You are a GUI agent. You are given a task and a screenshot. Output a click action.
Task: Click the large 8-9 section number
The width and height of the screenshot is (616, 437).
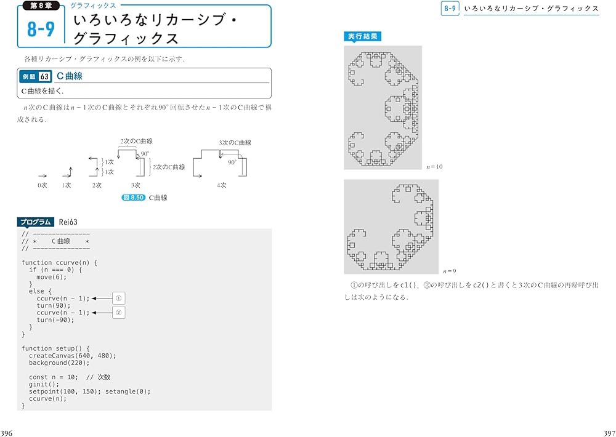point(41,29)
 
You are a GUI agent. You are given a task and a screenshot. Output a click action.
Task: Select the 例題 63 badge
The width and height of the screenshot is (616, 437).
point(36,76)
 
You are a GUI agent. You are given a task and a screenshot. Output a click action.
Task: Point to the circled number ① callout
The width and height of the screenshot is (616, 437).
point(120,299)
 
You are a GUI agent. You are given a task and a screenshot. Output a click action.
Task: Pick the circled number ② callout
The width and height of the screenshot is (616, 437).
point(120,313)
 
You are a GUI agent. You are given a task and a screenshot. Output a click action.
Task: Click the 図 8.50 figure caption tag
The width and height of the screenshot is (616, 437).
point(134,198)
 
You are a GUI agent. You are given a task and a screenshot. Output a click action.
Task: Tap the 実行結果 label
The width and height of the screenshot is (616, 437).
point(363,37)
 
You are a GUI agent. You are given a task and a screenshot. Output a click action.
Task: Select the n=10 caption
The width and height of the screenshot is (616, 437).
point(434,167)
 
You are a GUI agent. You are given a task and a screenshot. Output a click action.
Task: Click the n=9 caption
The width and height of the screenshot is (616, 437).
point(449,271)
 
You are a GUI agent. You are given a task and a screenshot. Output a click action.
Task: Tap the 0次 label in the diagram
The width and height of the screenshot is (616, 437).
point(42,185)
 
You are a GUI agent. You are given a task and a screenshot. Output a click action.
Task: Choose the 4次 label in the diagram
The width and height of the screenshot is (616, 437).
point(221,185)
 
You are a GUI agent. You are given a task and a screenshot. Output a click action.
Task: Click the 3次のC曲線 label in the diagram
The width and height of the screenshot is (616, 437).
point(235,143)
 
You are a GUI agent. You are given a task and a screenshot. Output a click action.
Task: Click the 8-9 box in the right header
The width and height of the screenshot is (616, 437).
point(450,9)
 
